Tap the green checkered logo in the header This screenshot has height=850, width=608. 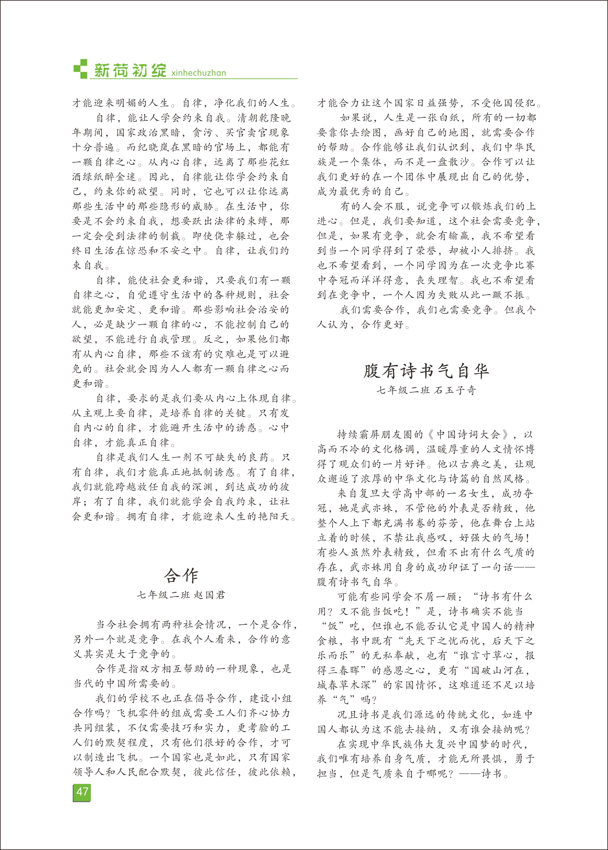click(x=80, y=69)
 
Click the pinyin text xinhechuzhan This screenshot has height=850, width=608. click(x=199, y=73)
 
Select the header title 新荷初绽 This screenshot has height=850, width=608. click(x=130, y=71)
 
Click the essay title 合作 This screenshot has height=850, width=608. click(x=181, y=576)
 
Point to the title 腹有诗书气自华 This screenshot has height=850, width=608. click(x=426, y=371)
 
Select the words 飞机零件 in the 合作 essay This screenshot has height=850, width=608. click(x=138, y=713)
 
